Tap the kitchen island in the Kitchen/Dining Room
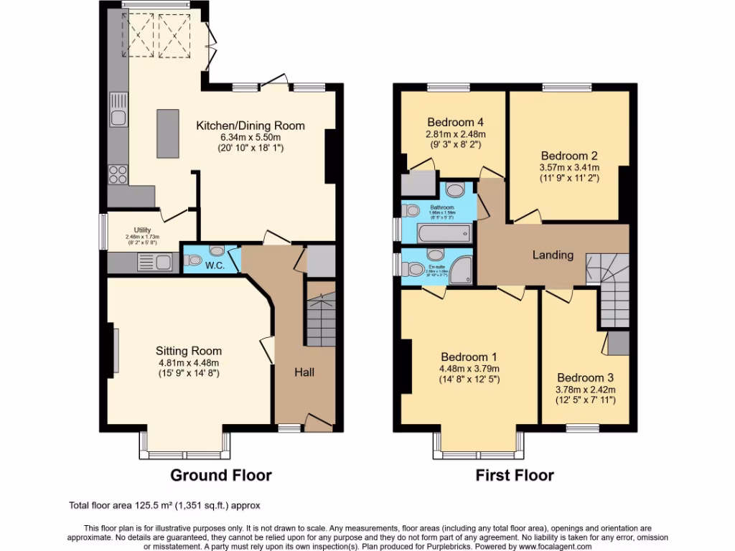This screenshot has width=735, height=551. click(x=168, y=133)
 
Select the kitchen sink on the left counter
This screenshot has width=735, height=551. click(x=118, y=117)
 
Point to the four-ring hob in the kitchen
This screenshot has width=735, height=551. click(x=117, y=174)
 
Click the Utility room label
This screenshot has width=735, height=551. click(x=141, y=230)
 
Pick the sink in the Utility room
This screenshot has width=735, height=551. click(x=164, y=263)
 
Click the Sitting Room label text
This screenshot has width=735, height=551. click(x=189, y=351)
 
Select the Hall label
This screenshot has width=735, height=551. click(x=304, y=372)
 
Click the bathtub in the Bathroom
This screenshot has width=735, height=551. click(x=445, y=232)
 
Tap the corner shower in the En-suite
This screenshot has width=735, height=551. click(x=465, y=269)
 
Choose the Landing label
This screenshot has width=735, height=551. click(x=553, y=255)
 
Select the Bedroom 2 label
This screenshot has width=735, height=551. click(x=569, y=155)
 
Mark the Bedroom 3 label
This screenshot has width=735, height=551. click(x=586, y=377)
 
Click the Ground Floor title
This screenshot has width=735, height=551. click(x=221, y=475)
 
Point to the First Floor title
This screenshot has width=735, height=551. click(x=515, y=475)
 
